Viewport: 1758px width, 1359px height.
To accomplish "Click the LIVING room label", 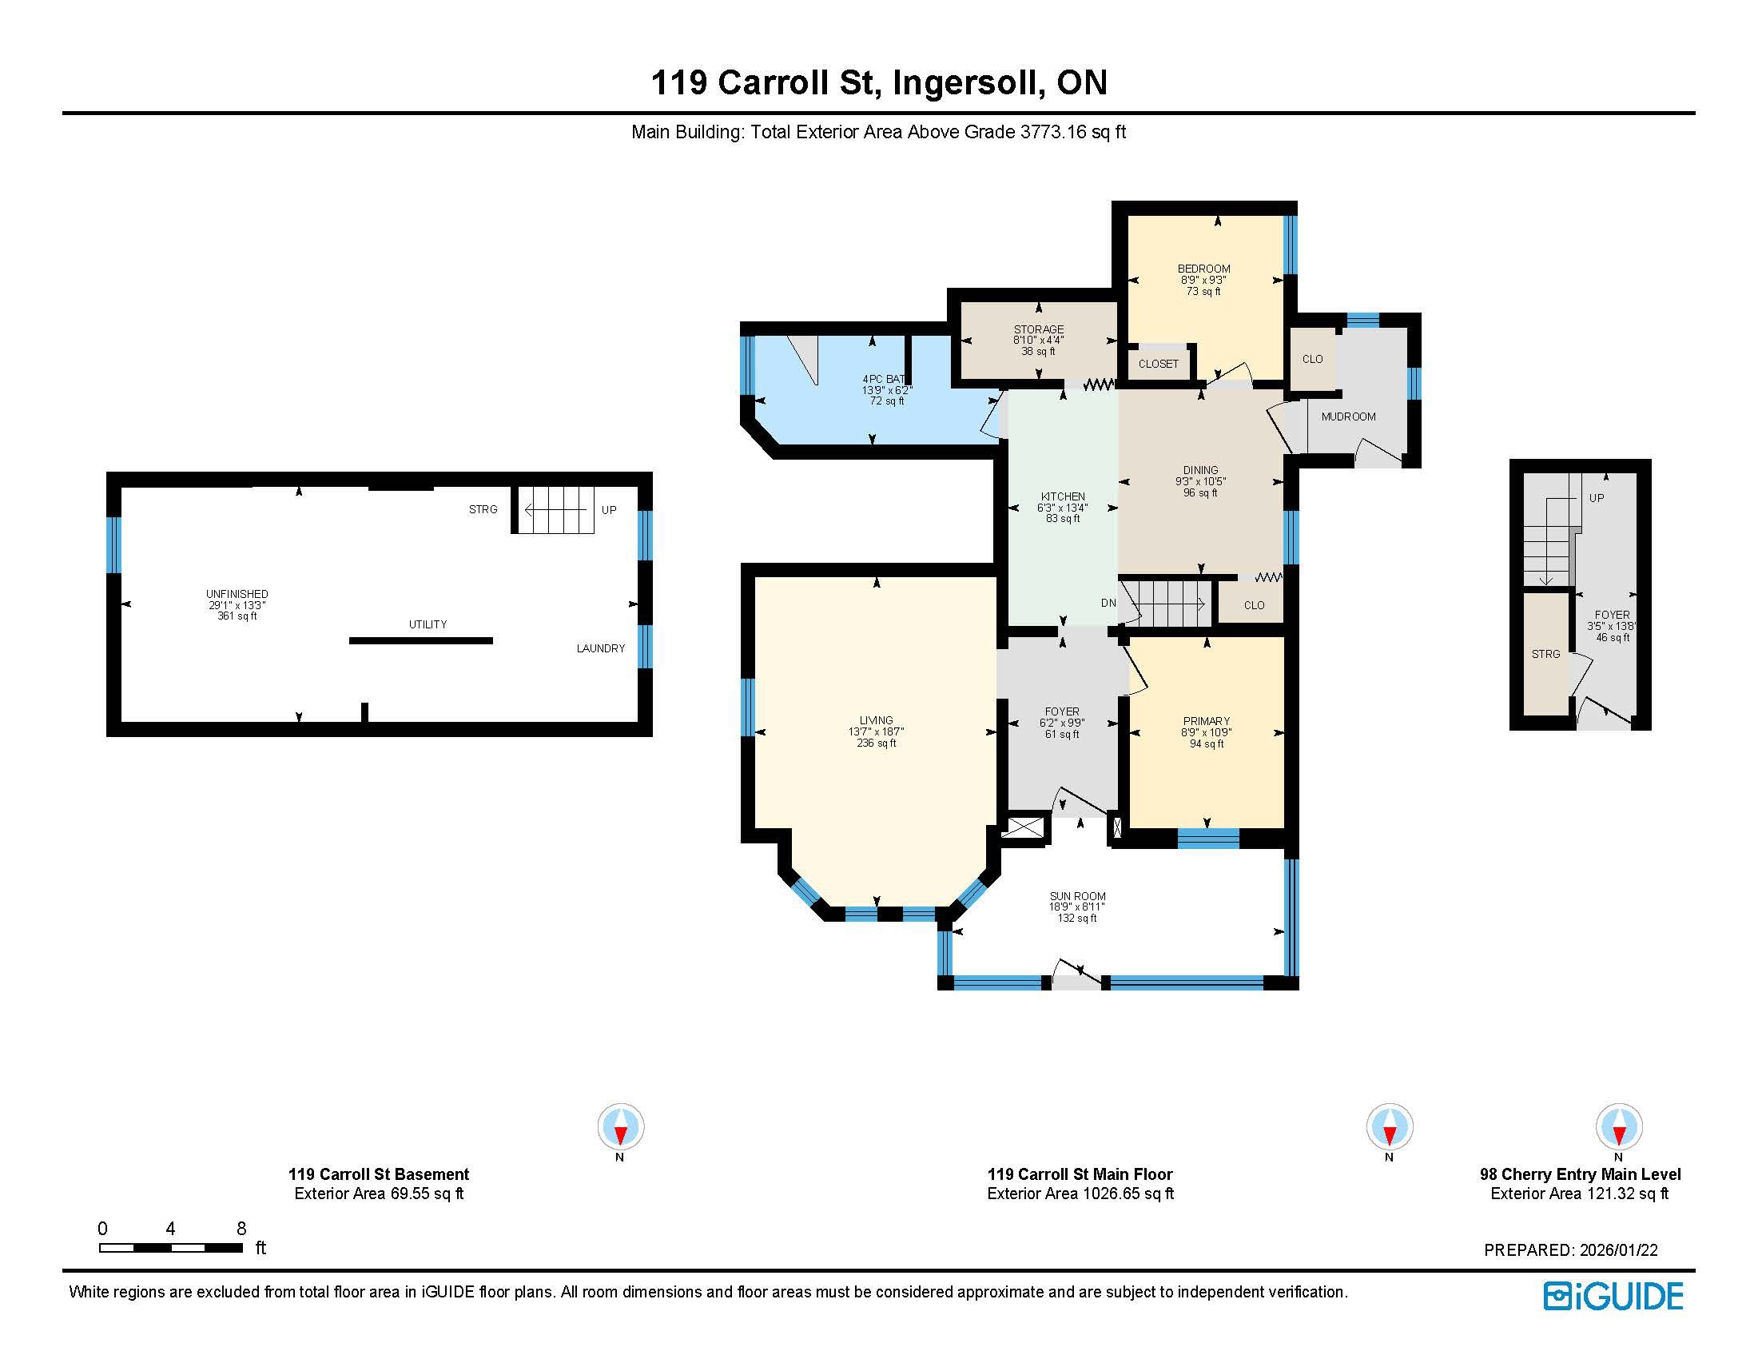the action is point(876,720).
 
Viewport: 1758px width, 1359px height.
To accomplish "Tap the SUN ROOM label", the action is point(1077,896).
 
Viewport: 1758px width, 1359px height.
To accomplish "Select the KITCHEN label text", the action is point(1063,496).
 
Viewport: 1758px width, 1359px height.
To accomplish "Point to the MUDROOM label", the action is point(1348,416).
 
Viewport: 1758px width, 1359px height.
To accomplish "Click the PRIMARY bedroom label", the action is point(1206,721).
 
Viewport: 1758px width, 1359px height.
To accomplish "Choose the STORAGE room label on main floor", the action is point(1038,329).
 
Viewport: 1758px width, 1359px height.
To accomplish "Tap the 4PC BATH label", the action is point(884,379).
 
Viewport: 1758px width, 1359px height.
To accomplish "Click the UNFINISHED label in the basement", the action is point(237,594).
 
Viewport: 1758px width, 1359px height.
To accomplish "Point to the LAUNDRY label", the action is point(600,648).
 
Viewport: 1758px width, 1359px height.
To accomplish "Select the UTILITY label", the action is point(428,624).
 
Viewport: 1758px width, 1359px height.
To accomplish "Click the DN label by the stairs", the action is point(1108,603).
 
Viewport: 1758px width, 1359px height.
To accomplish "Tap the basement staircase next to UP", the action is point(555,510).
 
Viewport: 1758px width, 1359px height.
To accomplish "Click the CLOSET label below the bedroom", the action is point(1159,364).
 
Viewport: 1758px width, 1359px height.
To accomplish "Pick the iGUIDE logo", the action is point(1614,1295).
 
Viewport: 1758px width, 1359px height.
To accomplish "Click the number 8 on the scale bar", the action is point(241,1229).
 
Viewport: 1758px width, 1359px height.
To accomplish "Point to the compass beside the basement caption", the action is point(621,1126).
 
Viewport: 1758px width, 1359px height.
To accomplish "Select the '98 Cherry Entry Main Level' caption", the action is point(1580,1174).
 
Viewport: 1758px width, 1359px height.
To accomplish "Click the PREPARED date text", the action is point(1570,1250).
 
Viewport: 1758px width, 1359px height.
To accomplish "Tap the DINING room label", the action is point(1200,470).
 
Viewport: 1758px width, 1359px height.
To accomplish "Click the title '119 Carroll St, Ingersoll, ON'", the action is point(879,82).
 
